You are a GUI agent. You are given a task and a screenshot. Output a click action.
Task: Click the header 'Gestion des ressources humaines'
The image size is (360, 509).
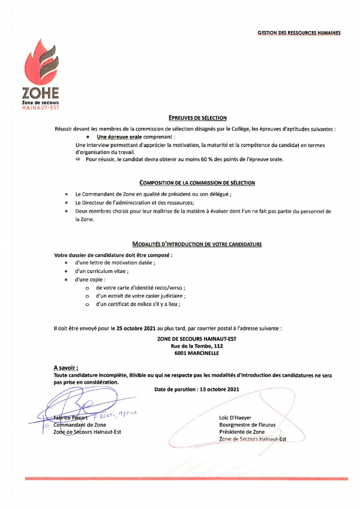299,33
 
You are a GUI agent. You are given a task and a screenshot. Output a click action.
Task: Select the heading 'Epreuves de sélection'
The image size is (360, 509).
197,118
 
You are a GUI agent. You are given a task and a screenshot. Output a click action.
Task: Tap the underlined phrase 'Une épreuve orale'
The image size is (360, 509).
119,137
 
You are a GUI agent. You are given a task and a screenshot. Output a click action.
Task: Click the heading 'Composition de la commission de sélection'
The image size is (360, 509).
197,183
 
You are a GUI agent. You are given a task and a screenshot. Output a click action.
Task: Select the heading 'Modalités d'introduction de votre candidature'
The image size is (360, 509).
197,244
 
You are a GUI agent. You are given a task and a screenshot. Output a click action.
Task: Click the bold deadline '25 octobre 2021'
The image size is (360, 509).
136,329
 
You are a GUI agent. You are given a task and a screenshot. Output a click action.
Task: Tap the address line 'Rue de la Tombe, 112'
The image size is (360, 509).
197,346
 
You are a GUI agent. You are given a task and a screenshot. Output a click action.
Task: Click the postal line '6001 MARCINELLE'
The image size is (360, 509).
197,353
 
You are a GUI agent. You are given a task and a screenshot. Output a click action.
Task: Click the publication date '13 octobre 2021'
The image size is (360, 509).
219,389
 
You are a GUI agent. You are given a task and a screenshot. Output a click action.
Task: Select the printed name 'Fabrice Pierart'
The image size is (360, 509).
71,418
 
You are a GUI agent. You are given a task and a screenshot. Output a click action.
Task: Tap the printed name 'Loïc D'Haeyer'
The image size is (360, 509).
235,418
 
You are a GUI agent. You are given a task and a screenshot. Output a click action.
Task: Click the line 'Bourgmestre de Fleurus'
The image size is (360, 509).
247,425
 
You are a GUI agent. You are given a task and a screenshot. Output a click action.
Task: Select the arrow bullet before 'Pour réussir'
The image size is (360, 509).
78,159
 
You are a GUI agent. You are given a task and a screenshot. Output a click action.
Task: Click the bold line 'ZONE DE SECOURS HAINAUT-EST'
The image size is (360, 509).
197,339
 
